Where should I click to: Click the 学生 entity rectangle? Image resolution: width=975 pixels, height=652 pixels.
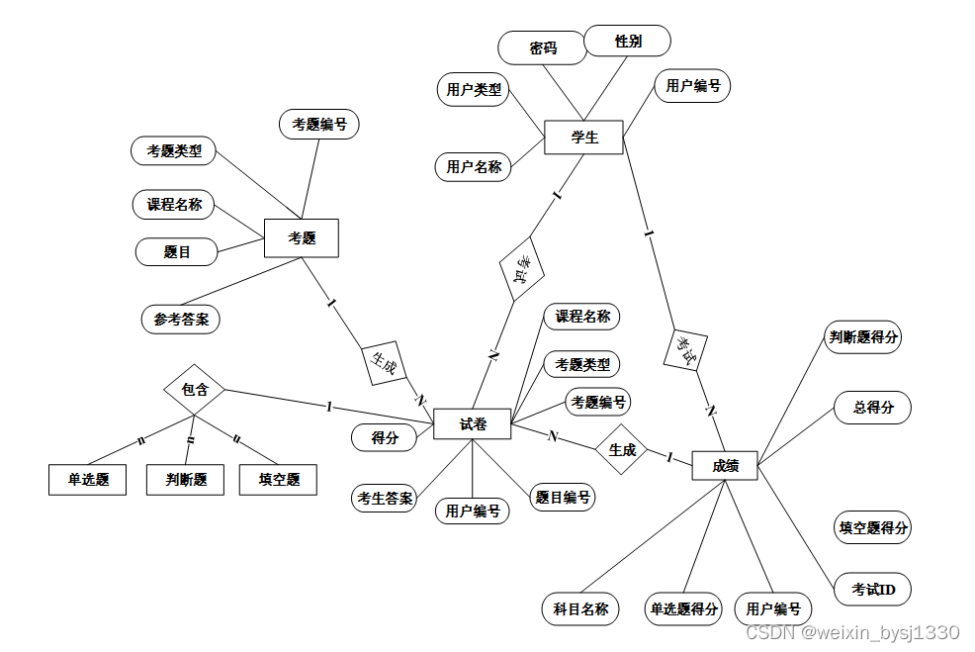tap(583, 138)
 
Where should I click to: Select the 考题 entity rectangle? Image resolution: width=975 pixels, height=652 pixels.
tap(302, 238)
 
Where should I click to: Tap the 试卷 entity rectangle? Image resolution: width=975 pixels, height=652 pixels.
tap(473, 424)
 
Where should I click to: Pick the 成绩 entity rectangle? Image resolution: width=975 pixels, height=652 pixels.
tap(725, 465)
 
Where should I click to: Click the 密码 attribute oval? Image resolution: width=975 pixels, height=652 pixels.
tap(543, 47)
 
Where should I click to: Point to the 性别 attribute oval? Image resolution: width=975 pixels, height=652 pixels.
tap(628, 41)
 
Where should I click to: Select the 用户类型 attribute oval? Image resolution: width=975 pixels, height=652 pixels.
tap(474, 90)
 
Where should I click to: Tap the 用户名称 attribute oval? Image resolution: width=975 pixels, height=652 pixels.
tap(474, 166)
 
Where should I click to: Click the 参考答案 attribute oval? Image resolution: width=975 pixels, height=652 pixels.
tap(181, 320)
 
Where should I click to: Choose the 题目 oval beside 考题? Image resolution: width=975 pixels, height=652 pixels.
tap(177, 252)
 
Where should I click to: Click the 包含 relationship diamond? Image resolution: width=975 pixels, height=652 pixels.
tap(195, 389)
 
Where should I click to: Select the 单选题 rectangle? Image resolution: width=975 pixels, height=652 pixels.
tap(88, 480)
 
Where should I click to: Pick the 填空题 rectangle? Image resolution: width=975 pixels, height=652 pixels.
tap(279, 480)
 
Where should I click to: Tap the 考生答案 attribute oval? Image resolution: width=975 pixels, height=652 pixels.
tap(385, 498)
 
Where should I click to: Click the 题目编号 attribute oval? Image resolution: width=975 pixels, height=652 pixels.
tap(563, 498)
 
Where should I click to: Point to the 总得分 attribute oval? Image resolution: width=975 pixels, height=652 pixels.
tap(873, 408)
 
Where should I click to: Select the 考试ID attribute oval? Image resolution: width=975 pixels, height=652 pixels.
tap(873, 591)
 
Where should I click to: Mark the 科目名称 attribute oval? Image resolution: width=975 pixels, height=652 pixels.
tap(580, 608)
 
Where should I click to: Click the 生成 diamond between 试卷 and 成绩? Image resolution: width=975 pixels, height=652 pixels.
tap(622, 450)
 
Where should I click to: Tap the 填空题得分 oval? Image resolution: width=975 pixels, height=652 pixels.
tap(873, 527)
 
